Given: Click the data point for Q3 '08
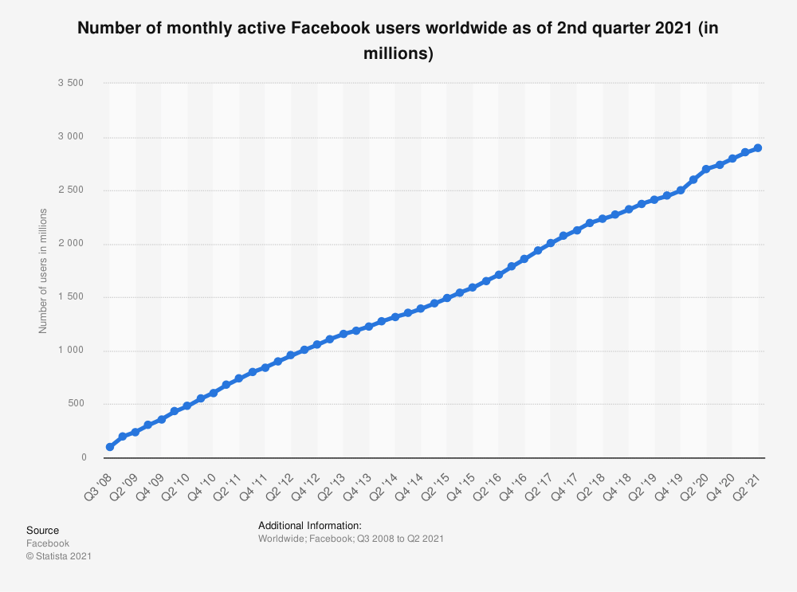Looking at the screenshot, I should (109, 447).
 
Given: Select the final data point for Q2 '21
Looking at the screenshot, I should (758, 148).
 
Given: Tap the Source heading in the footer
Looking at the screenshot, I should (42, 530).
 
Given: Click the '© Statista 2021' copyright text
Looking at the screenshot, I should (59, 556).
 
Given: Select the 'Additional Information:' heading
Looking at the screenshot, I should (310, 525).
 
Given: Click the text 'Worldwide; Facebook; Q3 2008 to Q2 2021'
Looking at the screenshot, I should (351, 539).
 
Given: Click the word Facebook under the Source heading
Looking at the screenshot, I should (48, 543).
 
